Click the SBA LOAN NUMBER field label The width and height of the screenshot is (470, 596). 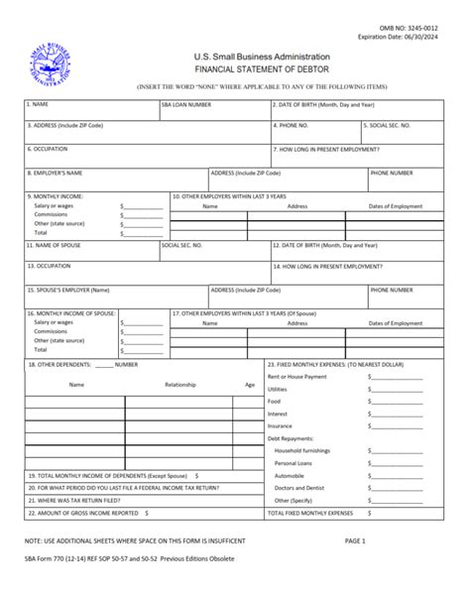(185, 103)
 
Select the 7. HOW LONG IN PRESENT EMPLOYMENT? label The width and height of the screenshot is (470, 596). (333, 149)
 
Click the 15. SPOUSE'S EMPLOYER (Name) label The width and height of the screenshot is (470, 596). (69, 291)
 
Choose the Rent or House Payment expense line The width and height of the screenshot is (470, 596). (297, 376)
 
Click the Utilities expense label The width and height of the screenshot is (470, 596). (278, 389)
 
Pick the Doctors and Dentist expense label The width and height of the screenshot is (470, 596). (301, 488)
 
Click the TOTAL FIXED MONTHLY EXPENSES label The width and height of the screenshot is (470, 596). (310, 514)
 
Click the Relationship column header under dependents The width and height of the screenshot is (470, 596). (179, 384)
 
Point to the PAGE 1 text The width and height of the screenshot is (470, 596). (355, 540)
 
